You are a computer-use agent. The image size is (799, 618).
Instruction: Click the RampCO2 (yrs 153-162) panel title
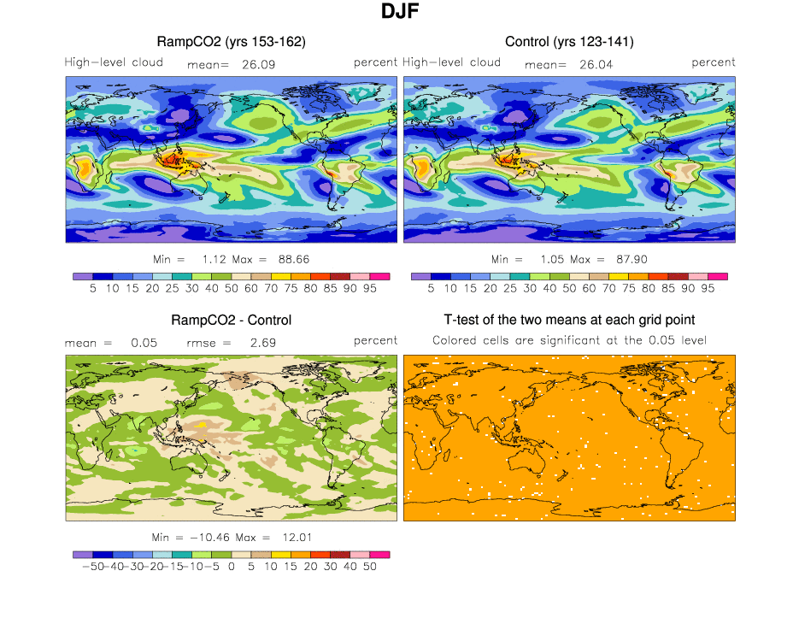point(232,41)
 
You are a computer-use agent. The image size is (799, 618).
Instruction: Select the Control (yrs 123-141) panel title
point(569,41)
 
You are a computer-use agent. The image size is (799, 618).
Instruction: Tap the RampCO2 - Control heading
point(232,321)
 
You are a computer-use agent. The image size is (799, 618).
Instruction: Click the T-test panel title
point(569,321)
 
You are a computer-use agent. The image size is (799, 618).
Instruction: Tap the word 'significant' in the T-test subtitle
point(602,340)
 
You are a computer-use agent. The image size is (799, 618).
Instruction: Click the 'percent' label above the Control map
point(714,62)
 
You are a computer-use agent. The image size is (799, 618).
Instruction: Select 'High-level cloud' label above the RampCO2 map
point(114,62)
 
